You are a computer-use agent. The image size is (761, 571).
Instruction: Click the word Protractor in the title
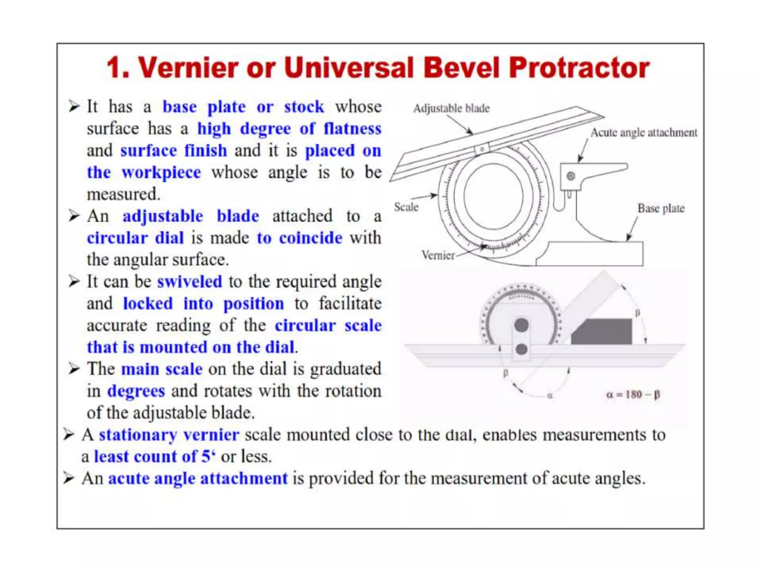click(x=579, y=68)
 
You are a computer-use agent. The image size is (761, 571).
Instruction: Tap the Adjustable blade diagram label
click(x=451, y=109)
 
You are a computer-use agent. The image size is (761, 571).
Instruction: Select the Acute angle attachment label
click(x=644, y=133)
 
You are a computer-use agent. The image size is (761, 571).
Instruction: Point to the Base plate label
click(x=661, y=209)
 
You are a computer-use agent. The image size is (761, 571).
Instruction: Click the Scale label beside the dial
click(x=406, y=207)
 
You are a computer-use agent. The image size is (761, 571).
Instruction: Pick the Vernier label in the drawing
click(x=438, y=255)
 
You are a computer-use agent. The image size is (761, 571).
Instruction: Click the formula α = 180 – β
click(x=633, y=394)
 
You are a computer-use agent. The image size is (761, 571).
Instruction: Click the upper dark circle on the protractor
click(x=521, y=325)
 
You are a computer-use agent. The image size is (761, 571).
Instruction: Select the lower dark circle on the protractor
click(x=521, y=349)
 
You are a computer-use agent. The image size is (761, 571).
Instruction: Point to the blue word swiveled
click(x=190, y=282)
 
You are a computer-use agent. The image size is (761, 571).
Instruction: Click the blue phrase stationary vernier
click(x=169, y=435)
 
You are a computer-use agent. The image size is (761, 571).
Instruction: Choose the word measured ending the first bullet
click(x=123, y=194)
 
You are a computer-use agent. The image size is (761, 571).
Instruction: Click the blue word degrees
click(x=136, y=391)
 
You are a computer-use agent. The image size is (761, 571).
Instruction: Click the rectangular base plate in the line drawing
click(x=595, y=254)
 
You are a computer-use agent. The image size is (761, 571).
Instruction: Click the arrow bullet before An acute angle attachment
click(x=69, y=478)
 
